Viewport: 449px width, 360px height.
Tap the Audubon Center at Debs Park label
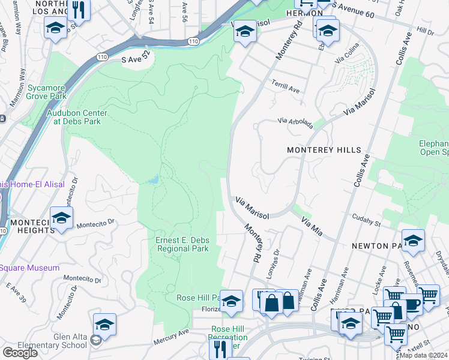tap(77, 117)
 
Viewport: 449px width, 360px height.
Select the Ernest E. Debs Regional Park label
tap(182, 245)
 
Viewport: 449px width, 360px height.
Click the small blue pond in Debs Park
tap(154, 179)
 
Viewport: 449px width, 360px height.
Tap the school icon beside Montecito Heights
tap(61, 218)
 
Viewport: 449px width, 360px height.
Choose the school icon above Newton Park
tap(413, 241)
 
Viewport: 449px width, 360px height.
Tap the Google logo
tap(20, 353)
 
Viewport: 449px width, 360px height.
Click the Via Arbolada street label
tap(295, 123)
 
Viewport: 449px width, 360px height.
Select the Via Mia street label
tap(312, 227)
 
